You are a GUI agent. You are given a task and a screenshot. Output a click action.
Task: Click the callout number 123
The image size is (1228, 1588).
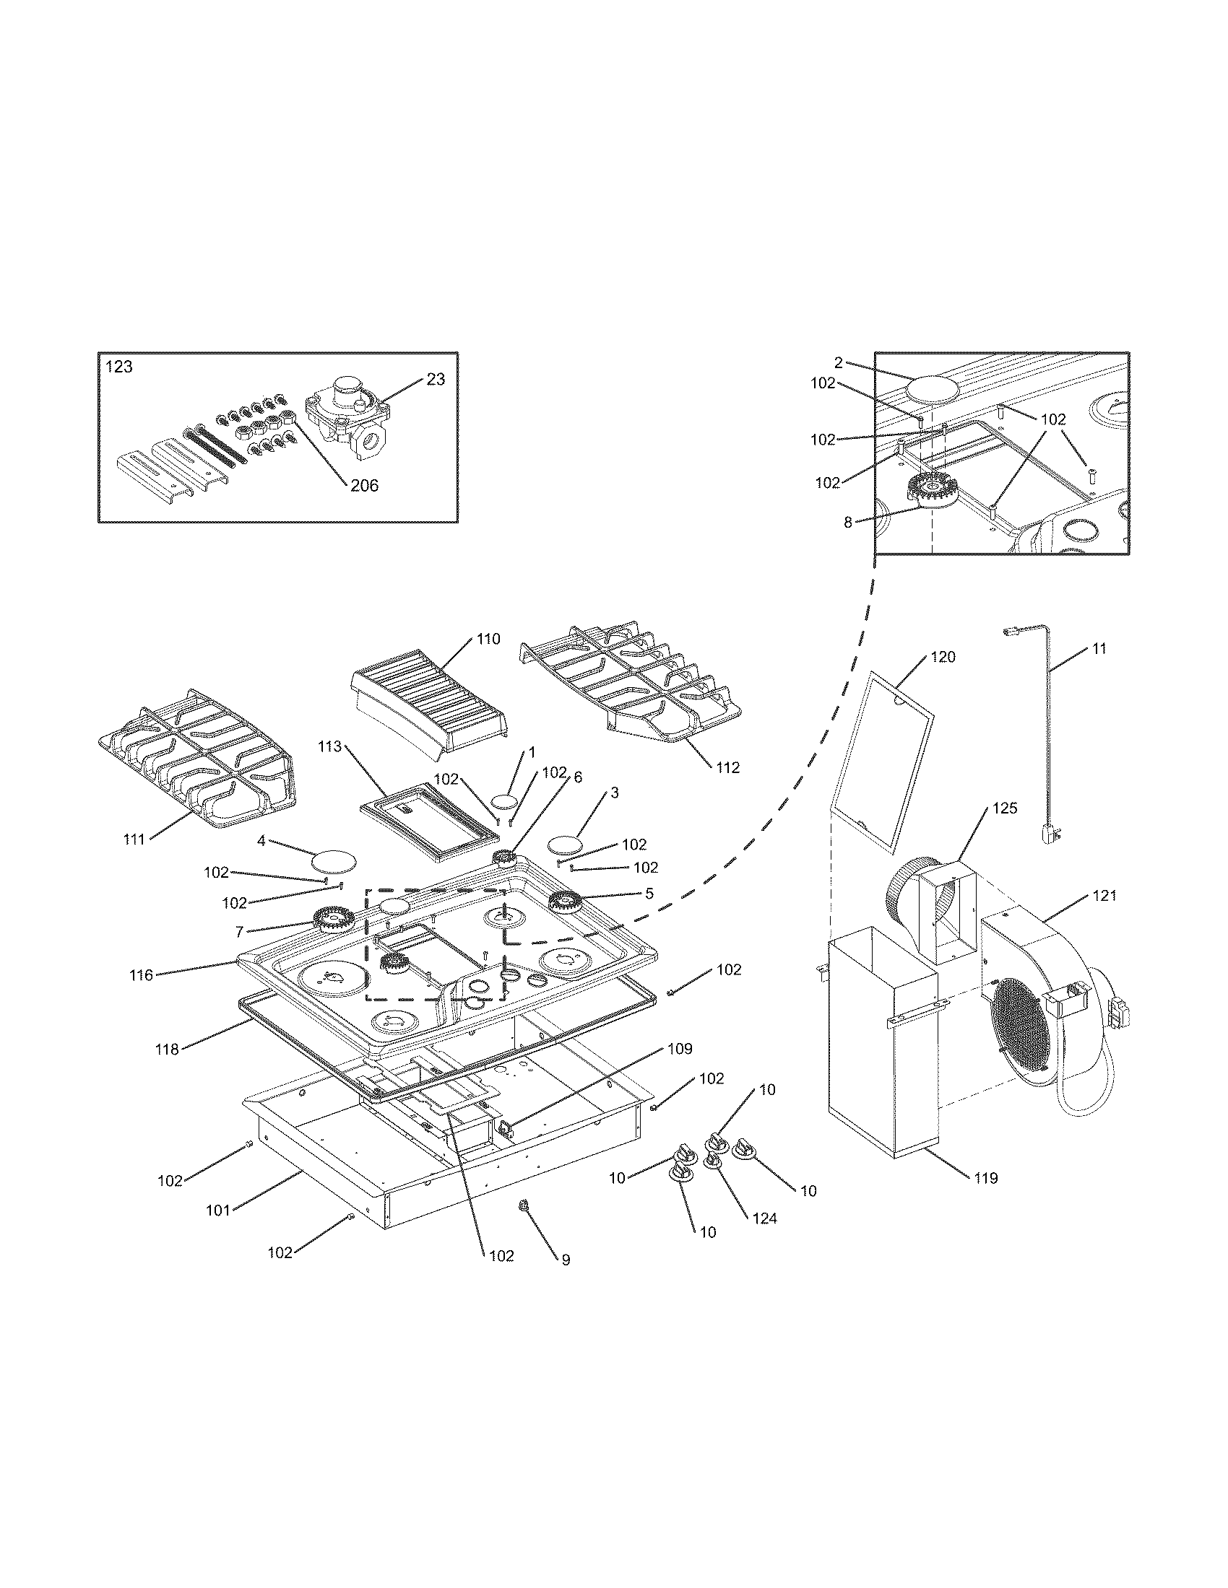[x=119, y=367]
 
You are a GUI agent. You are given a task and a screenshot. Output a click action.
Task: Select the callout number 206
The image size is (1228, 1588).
[x=365, y=486]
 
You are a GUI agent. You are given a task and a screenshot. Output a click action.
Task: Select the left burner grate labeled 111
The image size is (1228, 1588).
[x=196, y=757]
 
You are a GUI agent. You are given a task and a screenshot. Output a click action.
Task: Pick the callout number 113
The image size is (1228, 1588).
[x=329, y=747]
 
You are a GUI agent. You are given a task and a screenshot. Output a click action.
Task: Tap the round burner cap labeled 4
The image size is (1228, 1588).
[x=334, y=861]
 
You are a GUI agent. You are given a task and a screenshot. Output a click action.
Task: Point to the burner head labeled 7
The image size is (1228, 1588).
[x=334, y=920]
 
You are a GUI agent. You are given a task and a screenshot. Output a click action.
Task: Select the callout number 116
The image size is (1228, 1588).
[x=141, y=975]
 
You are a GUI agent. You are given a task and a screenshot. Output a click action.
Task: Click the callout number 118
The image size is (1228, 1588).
[x=167, y=1050]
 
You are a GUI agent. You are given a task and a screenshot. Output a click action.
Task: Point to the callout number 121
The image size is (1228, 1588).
[x=1104, y=896]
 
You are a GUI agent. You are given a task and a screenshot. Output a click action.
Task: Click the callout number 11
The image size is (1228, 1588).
[x=1099, y=648]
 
